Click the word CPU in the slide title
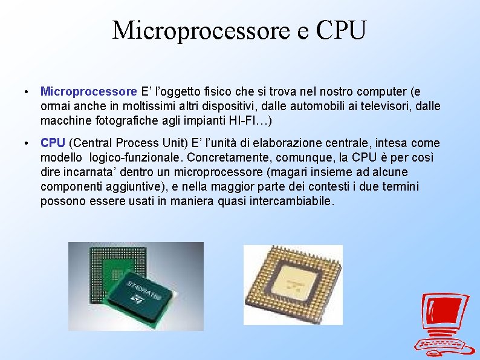click(x=340, y=30)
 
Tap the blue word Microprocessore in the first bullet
click(x=88, y=92)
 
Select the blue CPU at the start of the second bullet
click(x=53, y=143)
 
